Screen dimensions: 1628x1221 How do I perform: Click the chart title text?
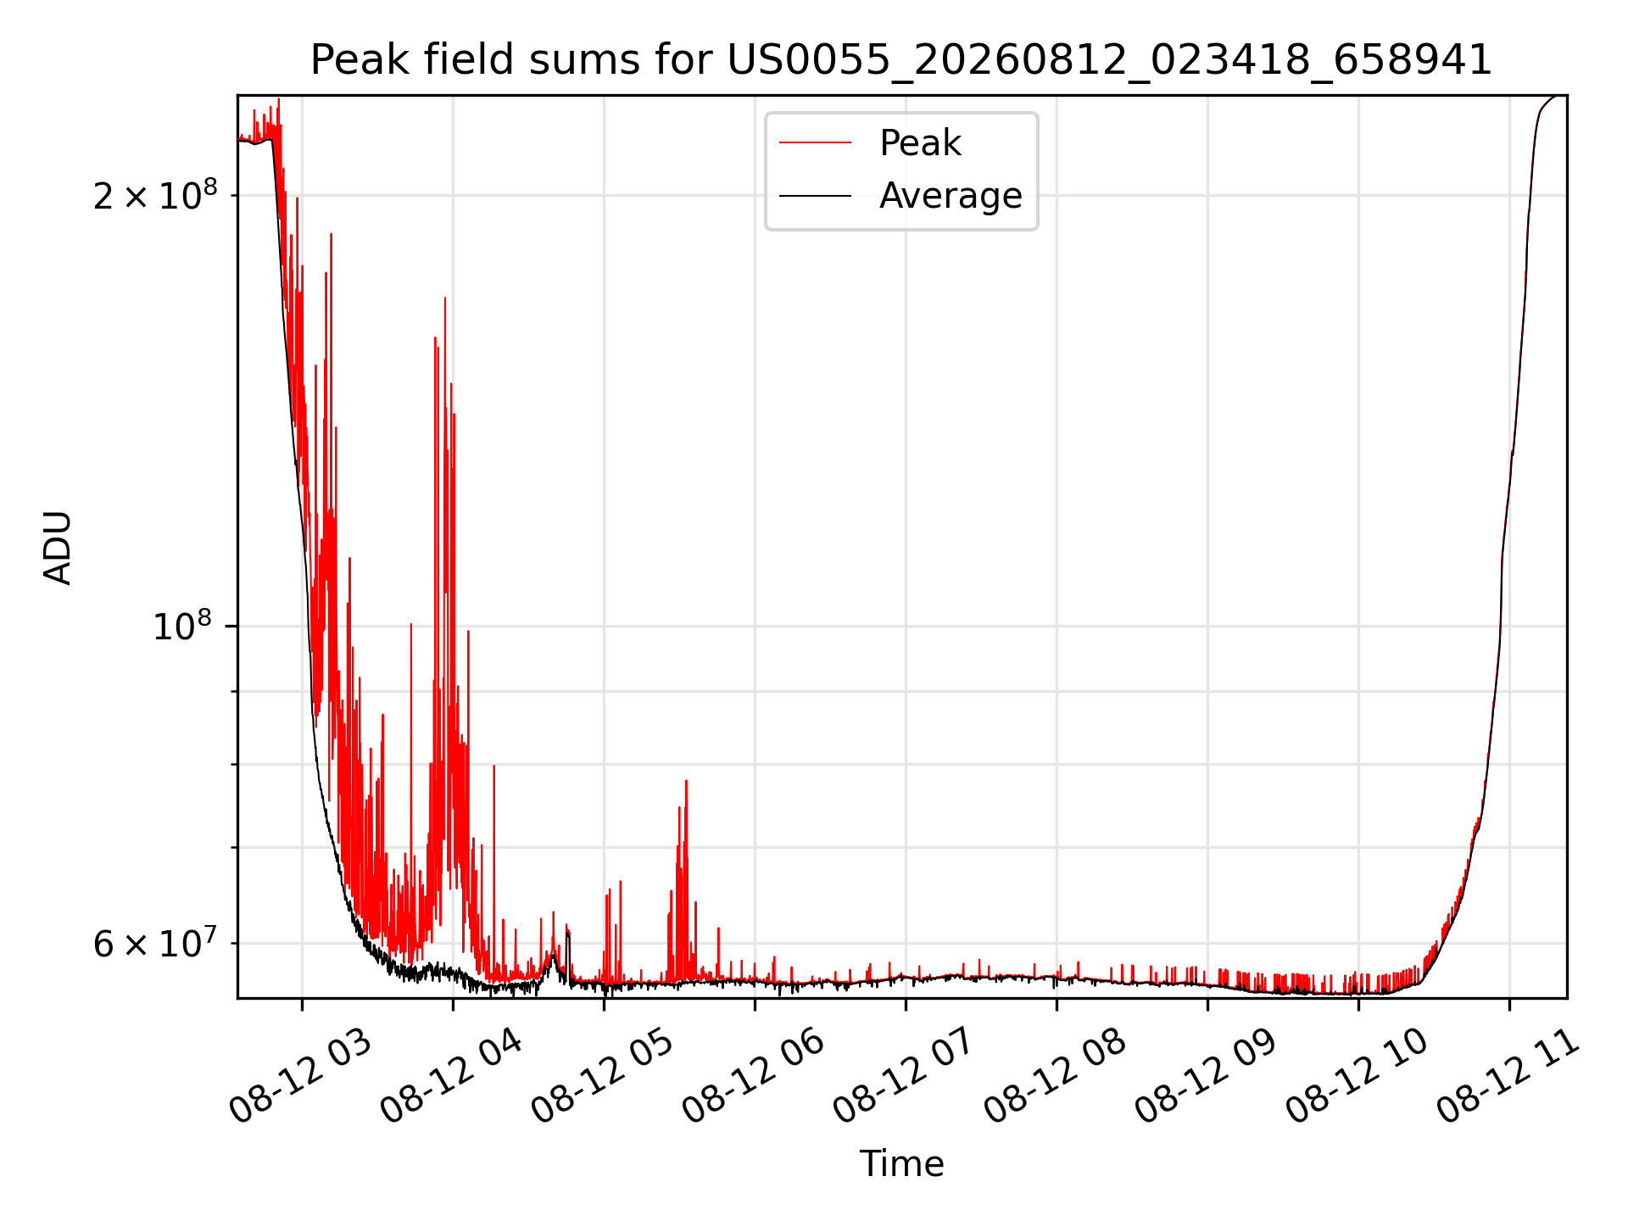900,60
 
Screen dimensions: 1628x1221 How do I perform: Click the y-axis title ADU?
58,548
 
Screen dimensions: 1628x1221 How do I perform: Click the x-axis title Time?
901,1164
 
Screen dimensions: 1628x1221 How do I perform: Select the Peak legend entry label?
920,143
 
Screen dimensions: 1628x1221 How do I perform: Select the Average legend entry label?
951,196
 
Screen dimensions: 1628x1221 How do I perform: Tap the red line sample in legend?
815,143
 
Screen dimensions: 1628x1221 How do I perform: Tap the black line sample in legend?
815,196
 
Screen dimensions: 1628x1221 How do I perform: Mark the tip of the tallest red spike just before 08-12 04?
445,298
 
